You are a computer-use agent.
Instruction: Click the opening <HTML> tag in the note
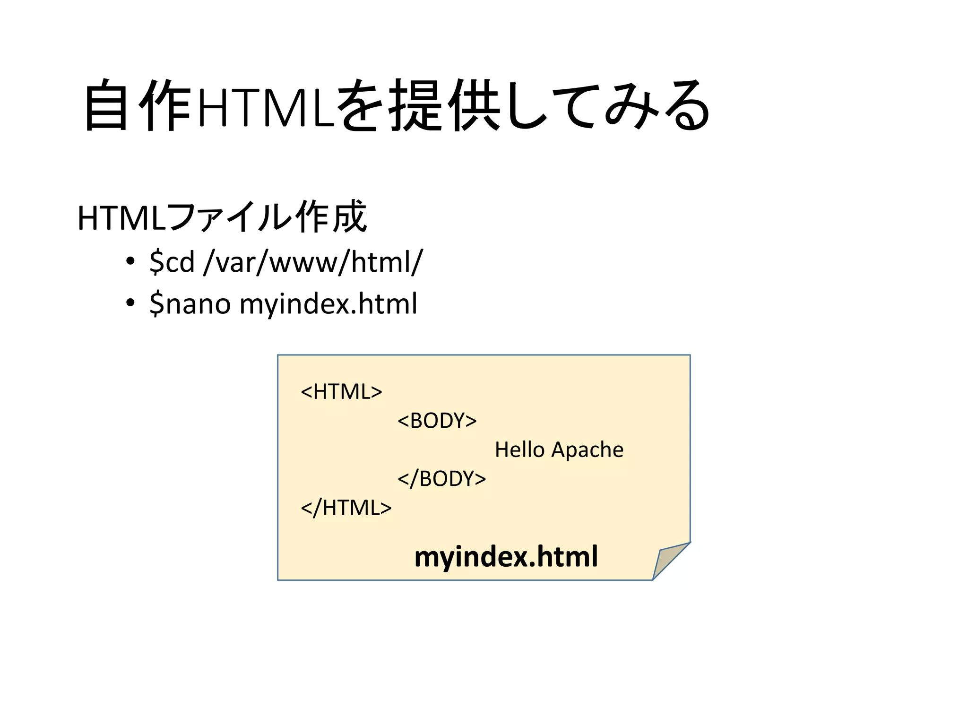(x=341, y=392)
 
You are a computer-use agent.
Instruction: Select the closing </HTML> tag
(x=346, y=508)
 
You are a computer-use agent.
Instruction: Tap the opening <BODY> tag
(x=437, y=421)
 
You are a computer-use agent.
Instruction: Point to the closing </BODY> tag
(x=441, y=479)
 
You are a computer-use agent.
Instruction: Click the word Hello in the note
(x=519, y=449)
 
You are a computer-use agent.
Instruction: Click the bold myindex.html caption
(x=506, y=556)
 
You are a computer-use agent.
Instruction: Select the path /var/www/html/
(x=313, y=261)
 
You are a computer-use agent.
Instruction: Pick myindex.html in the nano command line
(x=328, y=303)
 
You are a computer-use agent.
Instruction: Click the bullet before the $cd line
(x=130, y=261)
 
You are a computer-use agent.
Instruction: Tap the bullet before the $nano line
(x=130, y=303)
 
